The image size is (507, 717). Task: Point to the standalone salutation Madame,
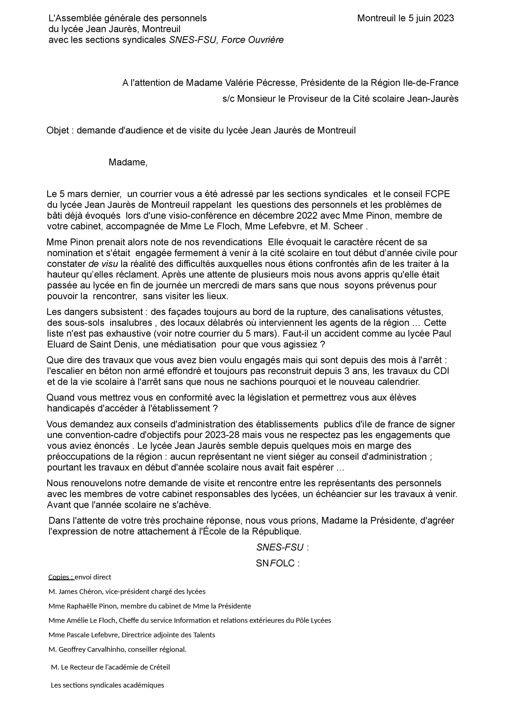tap(128, 162)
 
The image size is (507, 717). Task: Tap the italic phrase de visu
tap(103, 264)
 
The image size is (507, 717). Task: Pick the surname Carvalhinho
tap(106, 649)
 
